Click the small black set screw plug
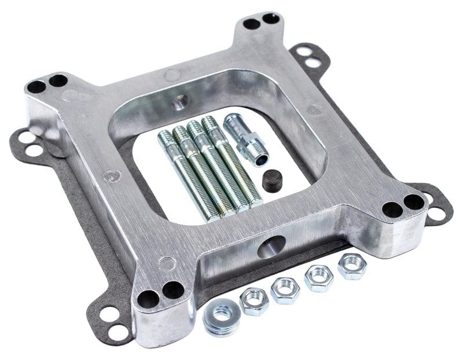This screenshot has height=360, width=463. coord(271,181)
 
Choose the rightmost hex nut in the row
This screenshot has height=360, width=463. coord(352,266)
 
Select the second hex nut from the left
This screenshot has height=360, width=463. coord(285,289)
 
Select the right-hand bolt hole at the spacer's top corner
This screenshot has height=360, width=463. coord(270,19)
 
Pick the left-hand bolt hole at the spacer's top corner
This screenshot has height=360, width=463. coord(251,24)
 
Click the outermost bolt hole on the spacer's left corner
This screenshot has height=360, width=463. coord(36,87)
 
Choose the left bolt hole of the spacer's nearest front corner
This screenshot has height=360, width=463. coord(149,298)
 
